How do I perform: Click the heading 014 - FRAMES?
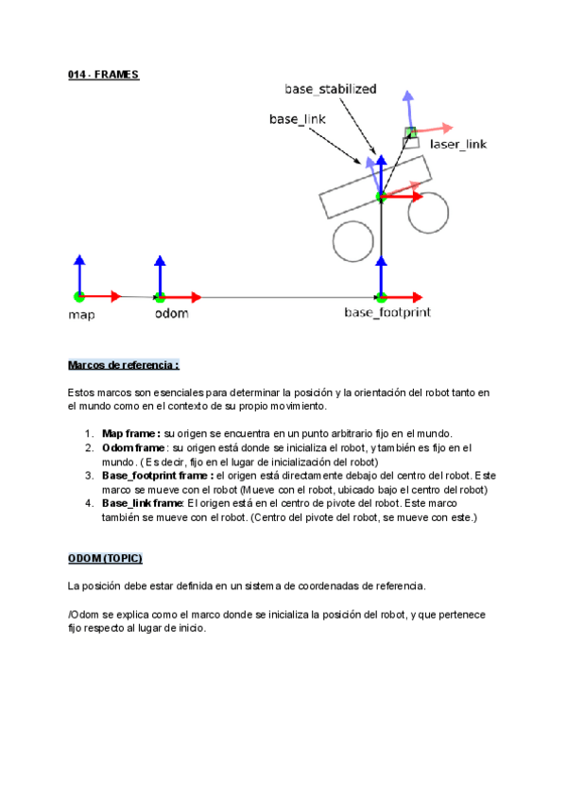point(104,74)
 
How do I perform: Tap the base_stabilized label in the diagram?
point(330,89)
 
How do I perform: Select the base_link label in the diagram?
point(297,119)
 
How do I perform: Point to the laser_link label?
point(458,144)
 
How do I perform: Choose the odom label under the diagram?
point(171,313)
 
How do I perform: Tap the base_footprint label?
point(387,311)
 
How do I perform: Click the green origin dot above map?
point(79,296)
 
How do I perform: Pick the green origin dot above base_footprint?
point(381,296)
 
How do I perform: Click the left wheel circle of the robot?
point(352,240)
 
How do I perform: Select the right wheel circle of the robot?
point(428,213)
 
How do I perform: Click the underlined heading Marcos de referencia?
point(123,365)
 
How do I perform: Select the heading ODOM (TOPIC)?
point(105,559)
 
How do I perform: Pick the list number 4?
point(89,503)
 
